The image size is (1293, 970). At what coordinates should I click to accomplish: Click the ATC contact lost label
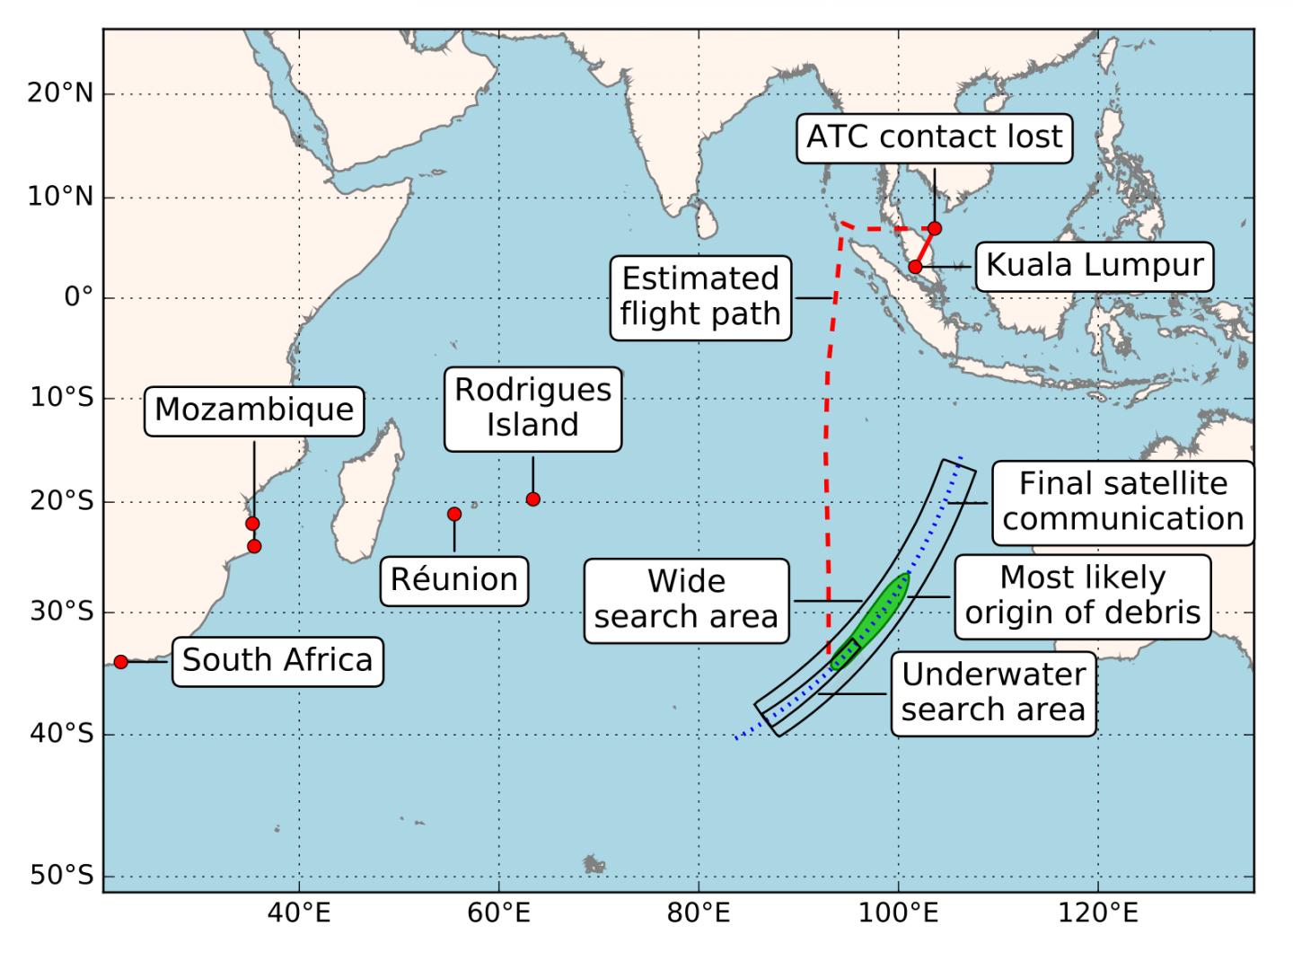(x=934, y=137)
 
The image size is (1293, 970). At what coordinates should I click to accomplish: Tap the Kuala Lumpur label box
(x=1094, y=266)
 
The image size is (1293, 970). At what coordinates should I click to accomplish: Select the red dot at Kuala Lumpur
(x=915, y=267)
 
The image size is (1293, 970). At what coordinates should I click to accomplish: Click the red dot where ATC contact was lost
(x=935, y=228)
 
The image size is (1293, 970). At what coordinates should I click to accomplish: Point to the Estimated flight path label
(x=700, y=296)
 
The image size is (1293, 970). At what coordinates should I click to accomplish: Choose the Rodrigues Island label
(x=532, y=408)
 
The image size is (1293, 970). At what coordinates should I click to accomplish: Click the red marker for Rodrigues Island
(x=532, y=499)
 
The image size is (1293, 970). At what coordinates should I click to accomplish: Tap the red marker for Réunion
(x=454, y=514)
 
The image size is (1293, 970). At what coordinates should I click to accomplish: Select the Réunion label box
(x=454, y=579)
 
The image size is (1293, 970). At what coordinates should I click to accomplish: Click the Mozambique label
(x=254, y=410)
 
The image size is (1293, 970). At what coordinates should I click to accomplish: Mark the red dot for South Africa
(x=121, y=662)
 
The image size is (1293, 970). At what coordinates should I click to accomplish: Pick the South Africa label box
(x=277, y=660)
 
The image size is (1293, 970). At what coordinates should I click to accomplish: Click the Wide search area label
(x=686, y=599)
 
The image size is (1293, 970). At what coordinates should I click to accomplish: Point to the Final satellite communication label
(x=1122, y=502)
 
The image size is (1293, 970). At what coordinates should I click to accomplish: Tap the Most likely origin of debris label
(x=1082, y=595)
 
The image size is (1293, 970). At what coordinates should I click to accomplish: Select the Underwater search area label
(x=993, y=692)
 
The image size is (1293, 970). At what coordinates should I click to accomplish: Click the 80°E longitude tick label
(x=698, y=915)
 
